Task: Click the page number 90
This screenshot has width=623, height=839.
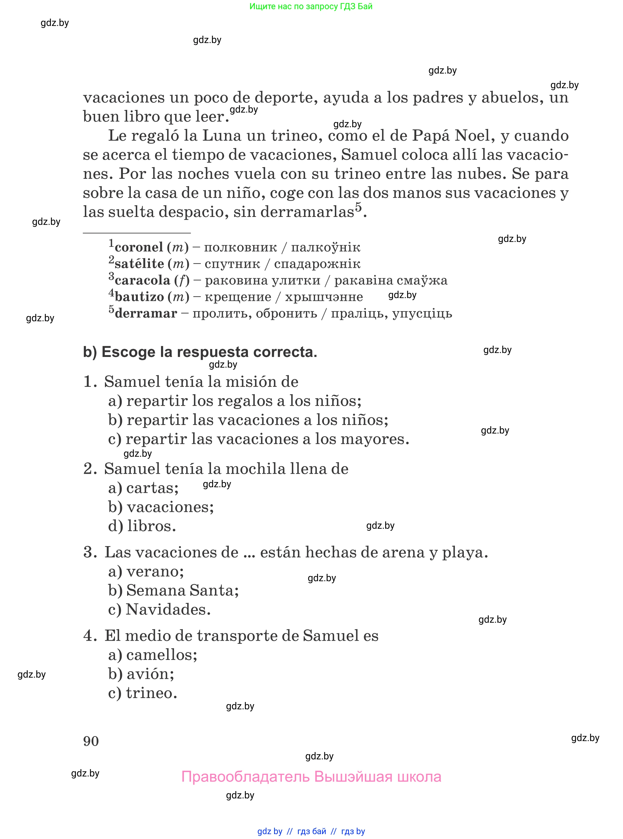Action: [x=91, y=741]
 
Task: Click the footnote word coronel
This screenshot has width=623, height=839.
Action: [x=139, y=247]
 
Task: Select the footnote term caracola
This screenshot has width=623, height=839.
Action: [x=142, y=280]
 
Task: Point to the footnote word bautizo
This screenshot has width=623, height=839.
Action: [x=140, y=297]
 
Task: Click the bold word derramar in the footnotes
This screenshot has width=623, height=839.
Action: [x=146, y=314]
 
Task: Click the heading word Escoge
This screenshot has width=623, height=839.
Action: [x=128, y=352]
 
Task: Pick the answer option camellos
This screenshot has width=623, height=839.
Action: [x=161, y=655]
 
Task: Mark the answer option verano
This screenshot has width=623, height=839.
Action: [x=155, y=571]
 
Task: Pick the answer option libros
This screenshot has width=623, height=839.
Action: [x=151, y=526]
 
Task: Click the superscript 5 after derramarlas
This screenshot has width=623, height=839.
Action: [x=358, y=207]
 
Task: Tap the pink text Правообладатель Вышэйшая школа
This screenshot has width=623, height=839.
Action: [x=311, y=777]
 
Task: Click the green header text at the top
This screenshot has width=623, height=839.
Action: [x=311, y=6]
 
